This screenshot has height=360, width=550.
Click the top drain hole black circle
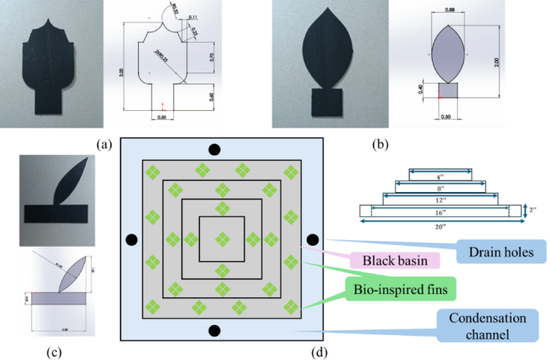click(214, 149)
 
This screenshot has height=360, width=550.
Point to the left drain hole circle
click(130, 239)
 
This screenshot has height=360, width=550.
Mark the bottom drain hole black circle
click(214, 331)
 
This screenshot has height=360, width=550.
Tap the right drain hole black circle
click(312, 239)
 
